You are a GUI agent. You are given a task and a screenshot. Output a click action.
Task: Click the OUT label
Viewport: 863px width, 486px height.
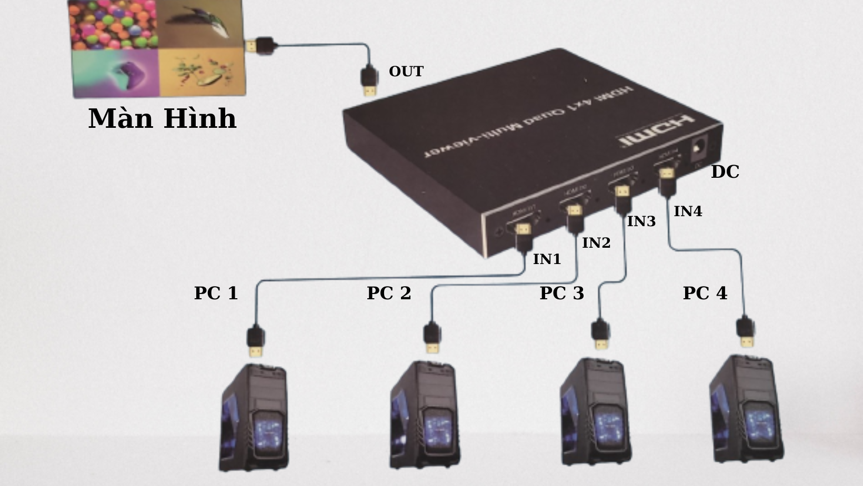406,72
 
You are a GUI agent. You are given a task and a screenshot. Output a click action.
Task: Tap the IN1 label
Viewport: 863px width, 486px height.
547,259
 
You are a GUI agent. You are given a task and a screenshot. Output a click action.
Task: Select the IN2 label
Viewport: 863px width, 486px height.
596,243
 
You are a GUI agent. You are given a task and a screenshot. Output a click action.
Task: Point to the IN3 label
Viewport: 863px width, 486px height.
641,222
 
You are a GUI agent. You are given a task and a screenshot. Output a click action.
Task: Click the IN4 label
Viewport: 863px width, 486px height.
688,211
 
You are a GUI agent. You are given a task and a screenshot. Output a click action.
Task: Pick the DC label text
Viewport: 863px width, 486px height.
725,172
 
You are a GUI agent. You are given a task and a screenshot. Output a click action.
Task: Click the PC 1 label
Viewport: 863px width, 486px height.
216,293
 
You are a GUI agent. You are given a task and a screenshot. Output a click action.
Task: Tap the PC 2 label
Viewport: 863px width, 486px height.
388,293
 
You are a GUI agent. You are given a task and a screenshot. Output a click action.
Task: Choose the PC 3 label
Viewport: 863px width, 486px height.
561,293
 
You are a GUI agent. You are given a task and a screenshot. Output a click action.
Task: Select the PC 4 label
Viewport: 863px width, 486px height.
705,293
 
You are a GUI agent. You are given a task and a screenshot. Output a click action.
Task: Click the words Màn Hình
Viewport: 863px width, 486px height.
162,118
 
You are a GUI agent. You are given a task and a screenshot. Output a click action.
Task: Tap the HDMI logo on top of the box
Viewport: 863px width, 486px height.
656,131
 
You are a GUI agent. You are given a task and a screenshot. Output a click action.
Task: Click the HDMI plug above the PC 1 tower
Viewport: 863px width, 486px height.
256,341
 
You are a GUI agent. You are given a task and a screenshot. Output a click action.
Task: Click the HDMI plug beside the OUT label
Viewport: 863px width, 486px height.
369,80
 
